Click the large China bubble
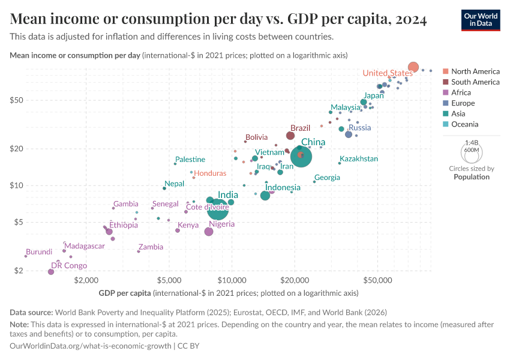(301, 157)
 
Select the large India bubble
(218, 209)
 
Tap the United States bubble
(413, 67)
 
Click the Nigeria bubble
(209, 232)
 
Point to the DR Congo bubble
(51, 272)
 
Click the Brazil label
(300, 128)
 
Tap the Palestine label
(190, 160)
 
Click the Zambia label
(151, 247)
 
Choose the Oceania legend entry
(465, 124)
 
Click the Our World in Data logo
(481, 20)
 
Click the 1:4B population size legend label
(472, 143)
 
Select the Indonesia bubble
(265, 196)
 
